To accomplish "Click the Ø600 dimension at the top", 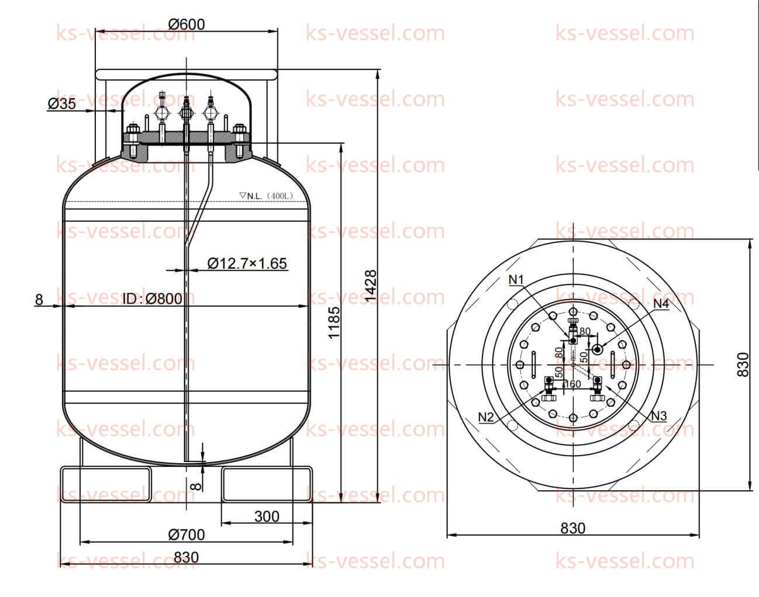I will point(187,24).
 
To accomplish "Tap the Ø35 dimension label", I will point(61,104).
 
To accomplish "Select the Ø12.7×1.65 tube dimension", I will point(247,263).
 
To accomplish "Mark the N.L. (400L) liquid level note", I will point(266,196).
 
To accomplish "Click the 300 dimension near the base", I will point(267,516).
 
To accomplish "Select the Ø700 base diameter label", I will point(186,534).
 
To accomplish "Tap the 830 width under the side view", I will point(186,557).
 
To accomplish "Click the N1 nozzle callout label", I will point(516,280).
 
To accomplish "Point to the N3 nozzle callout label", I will point(659,416).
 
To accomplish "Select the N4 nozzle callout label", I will point(661,303).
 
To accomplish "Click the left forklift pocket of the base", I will point(106,484).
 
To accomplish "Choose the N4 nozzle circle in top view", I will point(598,349).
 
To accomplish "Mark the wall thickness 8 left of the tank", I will point(39,300).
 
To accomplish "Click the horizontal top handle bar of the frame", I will point(187,75).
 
